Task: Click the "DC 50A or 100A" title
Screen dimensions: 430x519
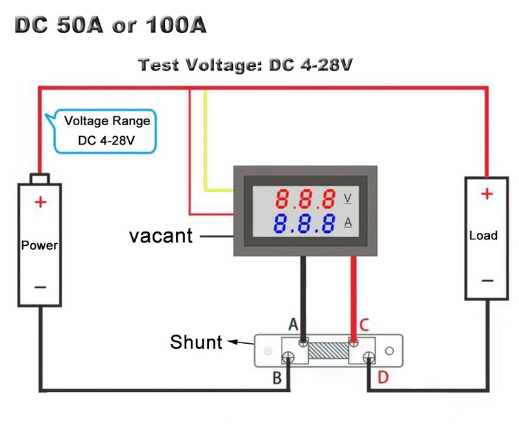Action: click(x=110, y=25)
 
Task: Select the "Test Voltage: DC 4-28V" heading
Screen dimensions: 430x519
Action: click(x=246, y=66)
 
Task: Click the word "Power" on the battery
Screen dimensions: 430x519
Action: click(x=40, y=246)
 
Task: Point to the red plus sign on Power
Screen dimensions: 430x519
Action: click(x=40, y=202)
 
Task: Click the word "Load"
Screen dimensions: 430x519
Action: click(x=483, y=235)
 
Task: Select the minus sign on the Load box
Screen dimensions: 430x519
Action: click(x=487, y=280)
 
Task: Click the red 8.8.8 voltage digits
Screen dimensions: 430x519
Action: click(x=304, y=197)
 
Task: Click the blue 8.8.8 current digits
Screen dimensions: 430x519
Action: click(x=304, y=223)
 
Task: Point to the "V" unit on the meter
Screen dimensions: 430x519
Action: click(x=347, y=197)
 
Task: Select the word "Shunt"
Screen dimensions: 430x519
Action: click(x=196, y=342)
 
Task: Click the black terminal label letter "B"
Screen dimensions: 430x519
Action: click(x=276, y=379)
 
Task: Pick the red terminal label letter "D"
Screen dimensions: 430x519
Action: click(x=382, y=379)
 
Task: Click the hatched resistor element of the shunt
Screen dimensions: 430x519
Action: click(x=328, y=352)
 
